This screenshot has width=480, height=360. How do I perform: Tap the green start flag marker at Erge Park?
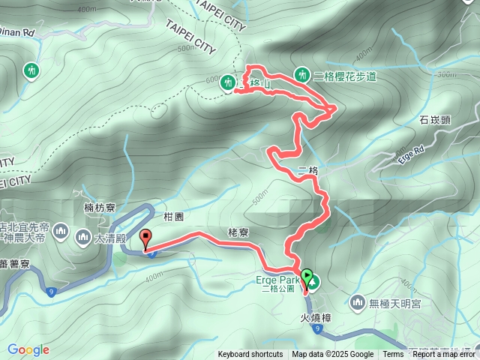[307, 276]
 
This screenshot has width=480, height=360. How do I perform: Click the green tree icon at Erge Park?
[313, 283]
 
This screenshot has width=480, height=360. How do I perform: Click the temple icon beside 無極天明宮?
[357, 302]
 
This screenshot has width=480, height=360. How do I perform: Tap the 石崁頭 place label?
[434, 119]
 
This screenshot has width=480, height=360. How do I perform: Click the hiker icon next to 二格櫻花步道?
[301, 74]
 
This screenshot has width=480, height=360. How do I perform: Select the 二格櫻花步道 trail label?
[344, 76]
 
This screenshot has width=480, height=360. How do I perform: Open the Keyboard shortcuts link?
[250, 355]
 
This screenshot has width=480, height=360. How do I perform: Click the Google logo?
[28, 349]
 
